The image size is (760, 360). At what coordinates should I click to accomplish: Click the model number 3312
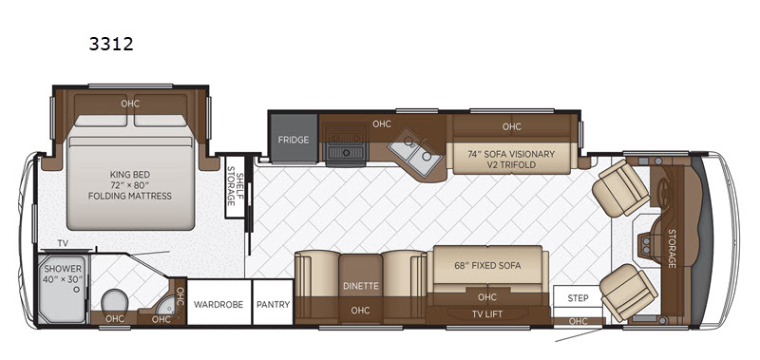coord(111,44)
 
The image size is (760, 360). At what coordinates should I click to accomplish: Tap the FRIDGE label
coord(294,140)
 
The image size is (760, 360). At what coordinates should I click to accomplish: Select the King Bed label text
coord(130,185)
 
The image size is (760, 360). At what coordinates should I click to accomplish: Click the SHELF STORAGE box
coord(235,186)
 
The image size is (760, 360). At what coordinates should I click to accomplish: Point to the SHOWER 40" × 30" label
coord(64,274)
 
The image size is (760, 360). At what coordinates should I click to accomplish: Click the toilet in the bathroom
coord(115,301)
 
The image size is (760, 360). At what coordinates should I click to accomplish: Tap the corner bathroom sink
coord(166,304)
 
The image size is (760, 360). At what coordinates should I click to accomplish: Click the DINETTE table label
coord(361,286)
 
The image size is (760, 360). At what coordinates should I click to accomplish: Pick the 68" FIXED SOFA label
coord(487,265)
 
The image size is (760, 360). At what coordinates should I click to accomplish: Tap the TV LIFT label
coord(487,314)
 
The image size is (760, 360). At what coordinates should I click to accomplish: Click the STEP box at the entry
coord(578,296)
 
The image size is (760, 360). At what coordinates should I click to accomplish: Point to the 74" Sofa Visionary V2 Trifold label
coord(511,160)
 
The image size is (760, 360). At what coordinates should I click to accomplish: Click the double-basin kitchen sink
coord(415,152)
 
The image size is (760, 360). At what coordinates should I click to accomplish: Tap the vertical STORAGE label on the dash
coord(672,249)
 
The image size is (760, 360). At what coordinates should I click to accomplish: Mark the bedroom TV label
coord(63,243)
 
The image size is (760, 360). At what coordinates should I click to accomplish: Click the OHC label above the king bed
coord(130,104)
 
